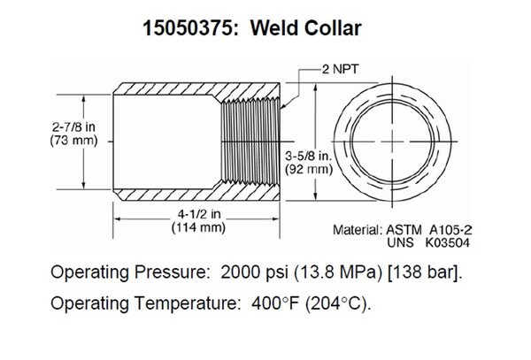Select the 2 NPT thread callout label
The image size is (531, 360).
[x=340, y=69]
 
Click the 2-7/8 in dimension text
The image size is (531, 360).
[x=73, y=127]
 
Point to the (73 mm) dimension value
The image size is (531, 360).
[x=73, y=140]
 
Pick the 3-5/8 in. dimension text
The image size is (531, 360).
[x=309, y=156]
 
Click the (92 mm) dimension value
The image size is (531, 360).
[x=309, y=169]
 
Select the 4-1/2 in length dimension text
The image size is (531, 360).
[x=199, y=214]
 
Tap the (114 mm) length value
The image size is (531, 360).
[x=198, y=227]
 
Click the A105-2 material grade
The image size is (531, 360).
[x=450, y=230]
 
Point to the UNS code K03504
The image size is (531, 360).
[x=447, y=243]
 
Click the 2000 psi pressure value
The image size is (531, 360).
[x=254, y=272]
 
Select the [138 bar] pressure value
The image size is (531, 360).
[x=425, y=272]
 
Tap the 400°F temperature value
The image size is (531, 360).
[x=275, y=303]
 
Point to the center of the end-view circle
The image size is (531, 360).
[x=392, y=142]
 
